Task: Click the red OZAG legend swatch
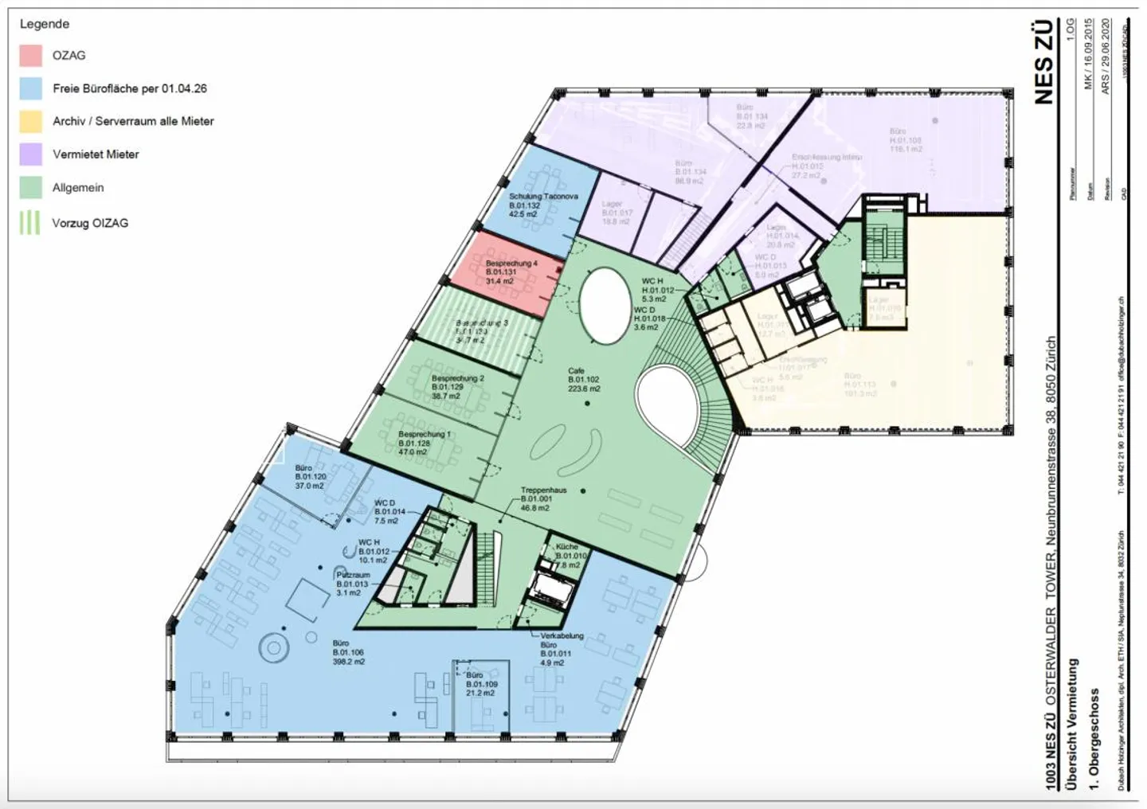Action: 31,55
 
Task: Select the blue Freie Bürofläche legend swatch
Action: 31,88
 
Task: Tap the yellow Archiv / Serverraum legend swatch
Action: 31,121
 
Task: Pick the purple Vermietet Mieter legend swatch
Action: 31,154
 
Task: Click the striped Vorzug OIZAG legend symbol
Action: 30,223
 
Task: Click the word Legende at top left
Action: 45,24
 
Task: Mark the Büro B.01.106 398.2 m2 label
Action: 348,652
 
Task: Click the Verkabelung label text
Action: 562,635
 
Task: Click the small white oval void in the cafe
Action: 602,304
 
